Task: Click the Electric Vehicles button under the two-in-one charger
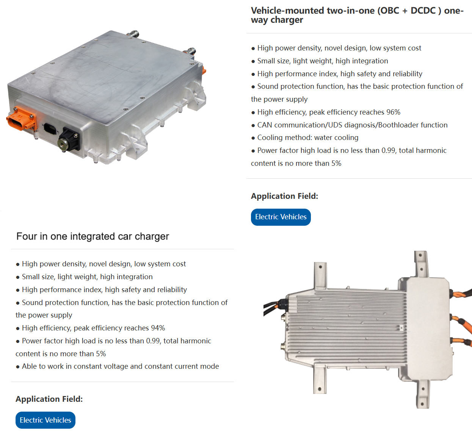(281, 217)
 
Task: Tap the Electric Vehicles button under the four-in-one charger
(45, 420)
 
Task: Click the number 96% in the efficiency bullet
(393, 112)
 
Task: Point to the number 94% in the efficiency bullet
(158, 328)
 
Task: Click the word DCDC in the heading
(423, 11)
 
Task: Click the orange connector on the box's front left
(21, 118)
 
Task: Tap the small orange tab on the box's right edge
(204, 71)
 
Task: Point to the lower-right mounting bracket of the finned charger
(423, 394)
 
